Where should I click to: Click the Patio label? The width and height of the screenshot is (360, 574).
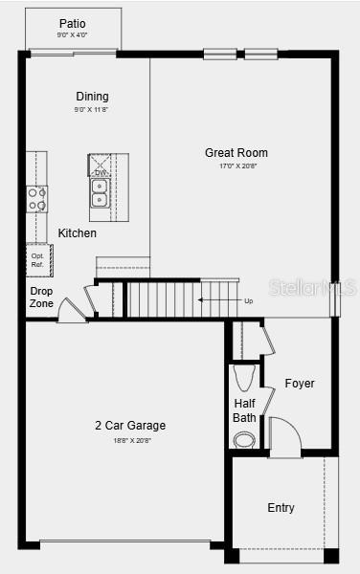pyautogui.click(x=72, y=23)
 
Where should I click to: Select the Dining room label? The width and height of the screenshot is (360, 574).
pyautogui.click(x=92, y=96)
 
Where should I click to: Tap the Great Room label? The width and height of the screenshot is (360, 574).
pyautogui.click(x=236, y=152)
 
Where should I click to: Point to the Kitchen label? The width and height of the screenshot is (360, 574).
pyautogui.click(x=77, y=232)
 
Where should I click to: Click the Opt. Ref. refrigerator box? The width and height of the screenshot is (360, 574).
pyautogui.click(x=38, y=259)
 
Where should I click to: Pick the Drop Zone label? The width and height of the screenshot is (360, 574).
pyautogui.click(x=41, y=298)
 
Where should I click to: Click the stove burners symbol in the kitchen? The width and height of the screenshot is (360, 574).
pyautogui.click(x=36, y=199)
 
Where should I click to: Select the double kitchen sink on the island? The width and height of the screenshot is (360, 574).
pyautogui.click(x=100, y=192)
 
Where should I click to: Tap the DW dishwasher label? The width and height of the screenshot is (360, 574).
pyautogui.click(x=100, y=173)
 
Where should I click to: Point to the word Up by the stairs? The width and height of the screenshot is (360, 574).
pyautogui.click(x=249, y=301)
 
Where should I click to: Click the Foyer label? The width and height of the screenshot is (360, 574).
pyautogui.click(x=299, y=384)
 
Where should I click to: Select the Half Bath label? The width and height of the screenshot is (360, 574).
pyautogui.click(x=244, y=410)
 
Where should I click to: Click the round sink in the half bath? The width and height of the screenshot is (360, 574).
pyautogui.click(x=245, y=439)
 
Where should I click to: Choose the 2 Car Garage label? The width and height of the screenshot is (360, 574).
pyautogui.click(x=129, y=426)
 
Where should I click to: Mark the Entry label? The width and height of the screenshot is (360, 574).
pyautogui.click(x=281, y=508)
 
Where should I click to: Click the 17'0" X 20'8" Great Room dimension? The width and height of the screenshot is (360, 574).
pyautogui.click(x=236, y=166)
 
